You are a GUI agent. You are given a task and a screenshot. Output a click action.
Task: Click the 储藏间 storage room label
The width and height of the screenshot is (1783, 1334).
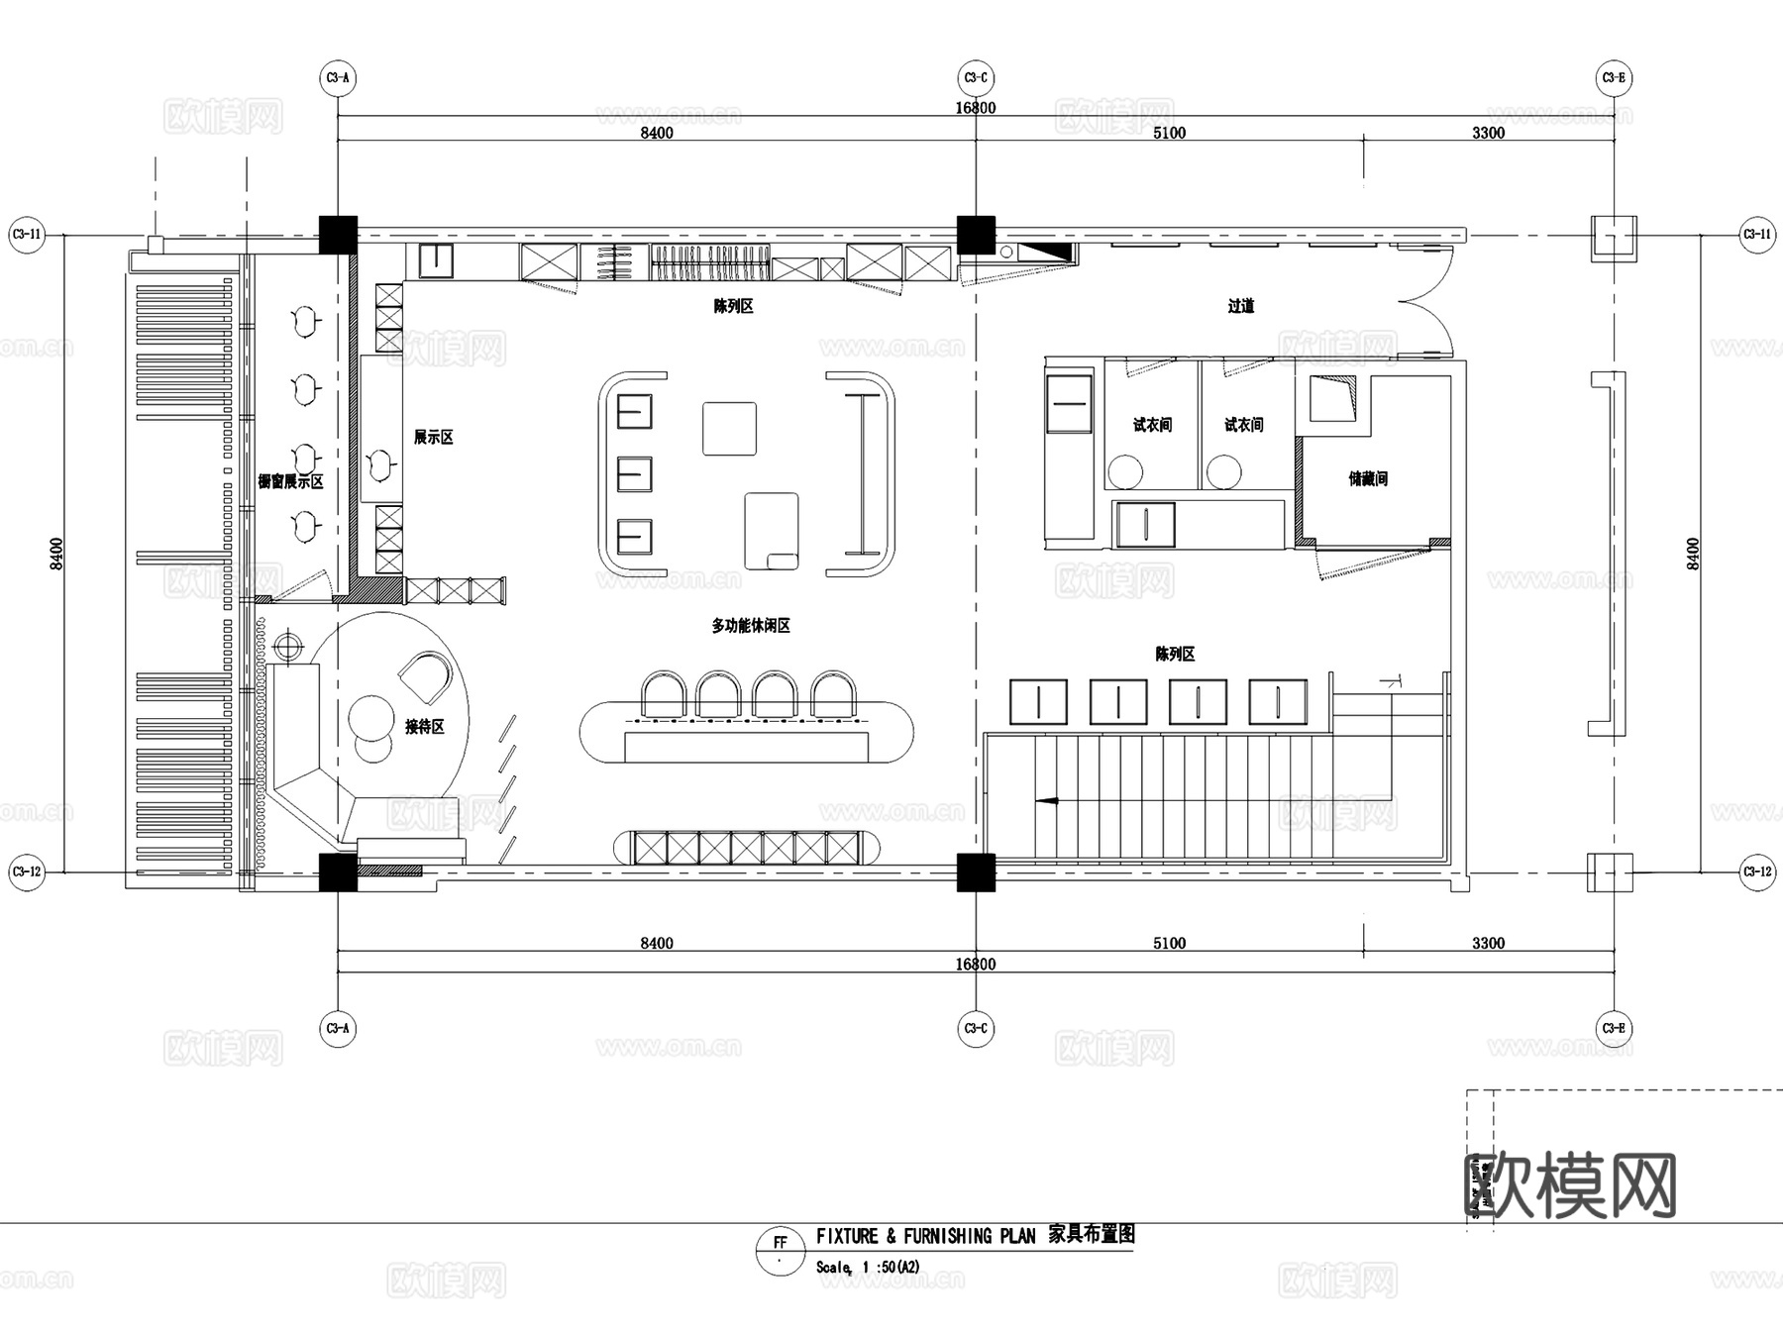pos(1367,479)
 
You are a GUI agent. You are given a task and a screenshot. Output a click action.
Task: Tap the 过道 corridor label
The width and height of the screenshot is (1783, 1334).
pos(1240,307)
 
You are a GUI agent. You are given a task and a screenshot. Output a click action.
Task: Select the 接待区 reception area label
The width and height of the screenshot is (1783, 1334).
pos(424,727)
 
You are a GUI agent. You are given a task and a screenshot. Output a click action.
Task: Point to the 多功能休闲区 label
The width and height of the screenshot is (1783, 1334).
pos(750,626)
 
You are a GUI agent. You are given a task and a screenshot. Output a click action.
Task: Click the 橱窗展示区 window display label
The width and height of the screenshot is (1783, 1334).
pos(290,482)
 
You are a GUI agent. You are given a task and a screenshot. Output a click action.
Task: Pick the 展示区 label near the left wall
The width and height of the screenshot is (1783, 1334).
pos(433,438)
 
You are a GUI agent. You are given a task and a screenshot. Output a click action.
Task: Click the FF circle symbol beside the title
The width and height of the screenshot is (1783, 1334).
pos(781,1250)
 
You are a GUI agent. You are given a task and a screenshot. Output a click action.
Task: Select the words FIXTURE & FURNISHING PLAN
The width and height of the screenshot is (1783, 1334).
pos(925,1236)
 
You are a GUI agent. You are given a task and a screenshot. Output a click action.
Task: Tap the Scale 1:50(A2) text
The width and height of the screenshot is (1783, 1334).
pos(868,1268)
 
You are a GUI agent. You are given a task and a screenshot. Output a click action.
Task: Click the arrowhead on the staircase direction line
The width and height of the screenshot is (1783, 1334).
pos(1044,800)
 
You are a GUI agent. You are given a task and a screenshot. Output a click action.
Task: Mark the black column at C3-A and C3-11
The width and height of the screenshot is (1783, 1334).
pos(338,235)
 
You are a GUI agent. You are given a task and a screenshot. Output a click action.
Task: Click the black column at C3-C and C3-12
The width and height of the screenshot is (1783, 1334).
pos(976,872)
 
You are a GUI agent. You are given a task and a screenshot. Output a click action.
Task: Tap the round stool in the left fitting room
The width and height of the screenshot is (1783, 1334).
pos(1125,471)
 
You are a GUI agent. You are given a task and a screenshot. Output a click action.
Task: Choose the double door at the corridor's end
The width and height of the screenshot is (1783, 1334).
pos(1424,302)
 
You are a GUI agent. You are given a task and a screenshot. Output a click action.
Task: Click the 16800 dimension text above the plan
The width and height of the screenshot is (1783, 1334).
pos(975,108)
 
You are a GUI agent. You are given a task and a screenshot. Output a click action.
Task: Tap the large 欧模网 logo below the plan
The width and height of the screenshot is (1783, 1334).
pos(1570,1185)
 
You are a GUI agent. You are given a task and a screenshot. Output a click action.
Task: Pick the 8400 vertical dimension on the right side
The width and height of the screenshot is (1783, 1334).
pos(1693,553)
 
